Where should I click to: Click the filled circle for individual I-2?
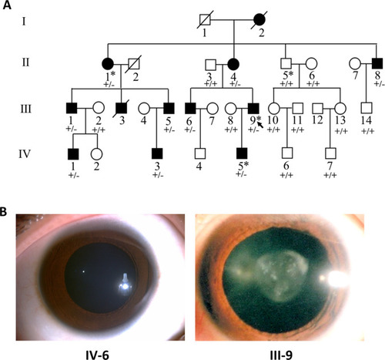pyautogui.click(x=259, y=20)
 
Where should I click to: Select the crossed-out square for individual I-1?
pyautogui.click(x=205, y=20)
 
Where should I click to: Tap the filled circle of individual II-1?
pyautogui.click(x=108, y=64)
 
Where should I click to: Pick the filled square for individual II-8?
pyautogui.click(x=377, y=63)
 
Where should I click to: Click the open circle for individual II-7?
pyautogui.click(x=355, y=63)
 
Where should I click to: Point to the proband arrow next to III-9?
pyautogui.click(x=260, y=125)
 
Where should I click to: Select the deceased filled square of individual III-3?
pyautogui.click(x=121, y=108)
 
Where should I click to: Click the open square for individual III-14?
pyautogui.click(x=367, y=108)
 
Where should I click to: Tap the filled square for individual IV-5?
pyautogui.click(x=242, y=153)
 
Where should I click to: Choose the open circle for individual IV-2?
pyautogui.click(x=96, y=154)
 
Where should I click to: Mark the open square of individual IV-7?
pyautogui.click(x=330, y=153)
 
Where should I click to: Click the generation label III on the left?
pyautogui.click(x=26, y=109)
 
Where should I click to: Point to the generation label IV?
pyautogui.click(x=25, y=154)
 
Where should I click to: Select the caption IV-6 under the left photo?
pyautogui.click(x=97, y=355)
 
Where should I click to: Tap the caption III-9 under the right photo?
pyautogui.click(x=281, y=355)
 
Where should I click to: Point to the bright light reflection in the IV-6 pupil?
pyautogui.click(x=125, y=283)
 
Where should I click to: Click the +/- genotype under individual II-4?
pyautogui.click(x=235, y=84)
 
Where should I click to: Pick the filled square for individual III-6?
pyautogui.click(x=190, y=108)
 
